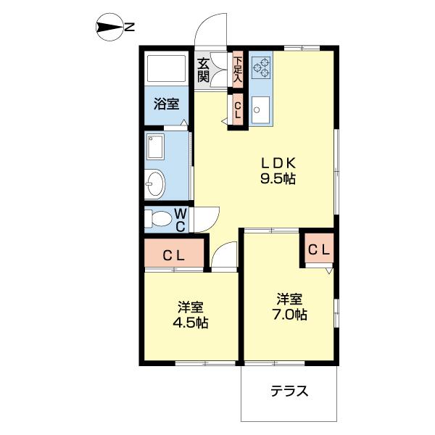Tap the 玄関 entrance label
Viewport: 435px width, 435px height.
pyautogui.click(x=204, y=70)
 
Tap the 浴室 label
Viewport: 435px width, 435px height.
pyautogui.click(x=166, y=104)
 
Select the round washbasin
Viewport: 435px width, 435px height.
pyautogui.click(x=154, y=184)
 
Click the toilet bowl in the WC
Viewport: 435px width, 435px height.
pyautogui.click(x=157, y=217)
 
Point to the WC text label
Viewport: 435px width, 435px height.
pyautogui.click(x=181, y=219)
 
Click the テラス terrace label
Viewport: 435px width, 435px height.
pyautogui.click(x=290, y=392)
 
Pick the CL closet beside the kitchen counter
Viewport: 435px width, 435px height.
pyautogui.click(x=237, y=109)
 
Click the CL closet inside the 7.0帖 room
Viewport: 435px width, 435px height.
pyautogui.click(x=319, y=250)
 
